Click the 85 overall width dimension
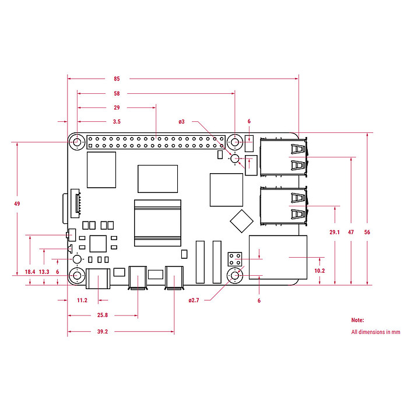(x=117, y=78)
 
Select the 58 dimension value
(x=117, y=93)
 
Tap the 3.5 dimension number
(x=117, y=122)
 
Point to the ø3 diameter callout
(x=182, y=122)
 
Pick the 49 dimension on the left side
(x=17, y=203)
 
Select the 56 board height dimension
(x=367, y=232)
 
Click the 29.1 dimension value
(x=334, y=232)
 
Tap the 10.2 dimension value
(x=320, y=271)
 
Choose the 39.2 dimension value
(x=102, y=332)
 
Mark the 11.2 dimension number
(x=82, y=300)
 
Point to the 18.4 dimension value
(x=30, y=272)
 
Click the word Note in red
(x=357, y=320)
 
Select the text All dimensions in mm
(x=375, y=332)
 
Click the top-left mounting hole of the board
(x=76, y=142)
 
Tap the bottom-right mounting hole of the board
(x=235, y=276)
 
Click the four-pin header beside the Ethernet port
(x=236, y=258)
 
